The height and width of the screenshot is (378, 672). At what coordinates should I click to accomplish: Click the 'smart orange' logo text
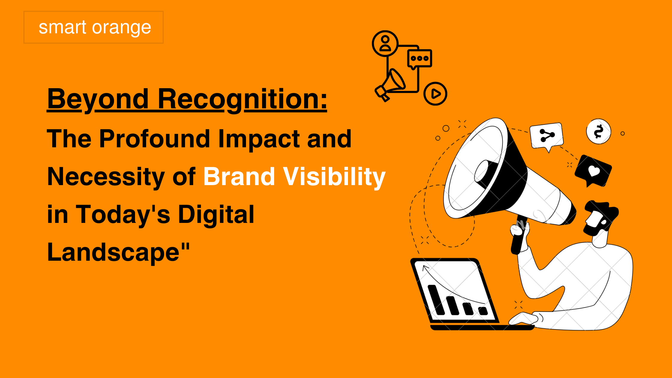pos(95,28)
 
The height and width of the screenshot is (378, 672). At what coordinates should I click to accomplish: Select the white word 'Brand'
pos(239,176)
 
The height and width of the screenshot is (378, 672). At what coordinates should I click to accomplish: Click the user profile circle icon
pos(385,43)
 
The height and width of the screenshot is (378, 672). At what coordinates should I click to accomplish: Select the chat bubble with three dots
pos(419,59)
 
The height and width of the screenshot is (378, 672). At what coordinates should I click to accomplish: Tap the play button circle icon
pos(435,94)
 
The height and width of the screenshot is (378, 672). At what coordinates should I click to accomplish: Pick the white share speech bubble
pos(547,136)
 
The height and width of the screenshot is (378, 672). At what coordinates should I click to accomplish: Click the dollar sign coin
pos(598,132)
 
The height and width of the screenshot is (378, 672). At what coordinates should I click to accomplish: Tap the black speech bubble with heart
pos(593,170)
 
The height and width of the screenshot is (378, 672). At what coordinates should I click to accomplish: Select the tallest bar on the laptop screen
pos(436,300)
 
